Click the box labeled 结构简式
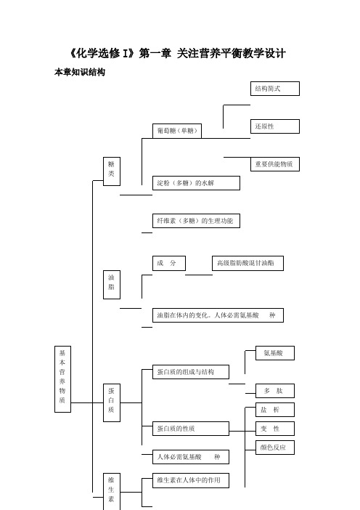[275, 89]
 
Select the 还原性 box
[275, 126]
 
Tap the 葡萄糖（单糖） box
[177, 131]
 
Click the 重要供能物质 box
[275, 164]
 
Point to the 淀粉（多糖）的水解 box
[196, 183]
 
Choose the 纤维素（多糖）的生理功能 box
[196, 221]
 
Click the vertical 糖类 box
[112, 171]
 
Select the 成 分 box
[169, 263]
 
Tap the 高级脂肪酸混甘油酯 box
[247, 263]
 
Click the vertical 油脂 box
[112, 285]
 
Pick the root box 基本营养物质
[62, 379]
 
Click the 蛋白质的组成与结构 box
[191, 372]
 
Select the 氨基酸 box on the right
[275, 353]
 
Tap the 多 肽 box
[275, 391]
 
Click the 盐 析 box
[275, 410]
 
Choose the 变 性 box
[275, 429]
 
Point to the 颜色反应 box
[275, 448]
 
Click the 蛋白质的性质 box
[191, 429]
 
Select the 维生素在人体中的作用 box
[191, 480]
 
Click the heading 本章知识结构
[80, 72]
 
